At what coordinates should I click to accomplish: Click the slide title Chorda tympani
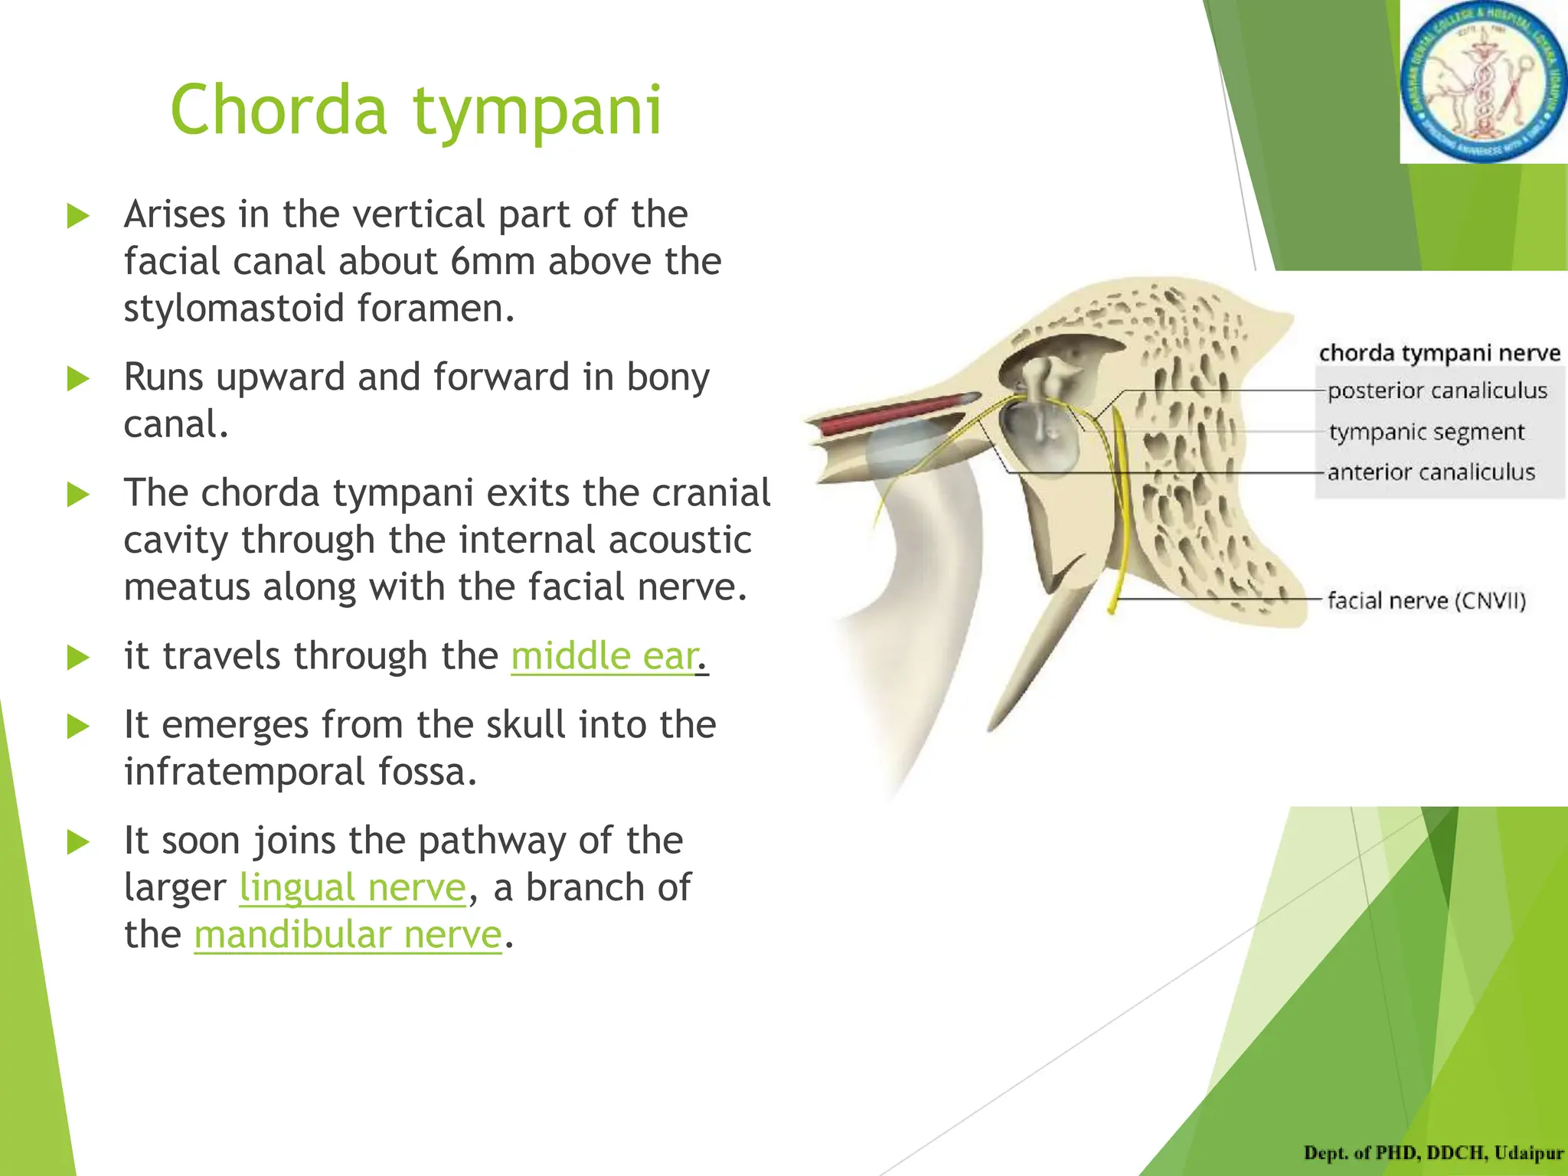[x=416, y=111]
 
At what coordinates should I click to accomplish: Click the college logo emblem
[x=1483, y=82]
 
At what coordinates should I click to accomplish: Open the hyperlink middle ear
[x=605, y=656]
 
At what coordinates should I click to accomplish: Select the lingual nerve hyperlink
[x=352, y=888]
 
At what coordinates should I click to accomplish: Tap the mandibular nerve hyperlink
[x=348, y=935]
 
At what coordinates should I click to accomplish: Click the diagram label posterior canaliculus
[x=1437, y=391]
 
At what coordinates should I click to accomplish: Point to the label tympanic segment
[x=1426, y=432]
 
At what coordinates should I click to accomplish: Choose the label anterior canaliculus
[x=1431, y=472]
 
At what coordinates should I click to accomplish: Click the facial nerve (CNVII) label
[x=1426, y=600]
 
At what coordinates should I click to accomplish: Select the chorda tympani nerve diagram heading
[x=1439, y=353]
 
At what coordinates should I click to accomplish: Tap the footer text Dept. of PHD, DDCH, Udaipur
[x=1433, y=1153]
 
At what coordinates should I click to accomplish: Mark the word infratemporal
[x=244, y=772]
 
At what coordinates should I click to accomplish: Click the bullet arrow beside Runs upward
[x=78, y=378]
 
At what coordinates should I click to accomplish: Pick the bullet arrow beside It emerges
[x=78, y=726]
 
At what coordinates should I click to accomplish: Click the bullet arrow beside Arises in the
[x=78, y=216]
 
